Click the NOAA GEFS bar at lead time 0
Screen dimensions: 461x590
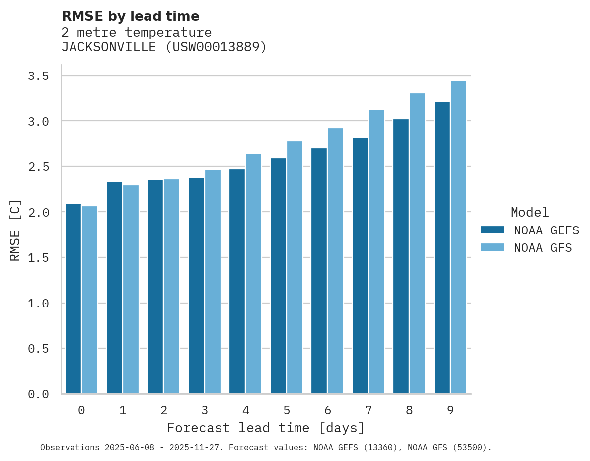click(x=73, y=299)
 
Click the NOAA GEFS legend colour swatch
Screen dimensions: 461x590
click(x=492, y=230)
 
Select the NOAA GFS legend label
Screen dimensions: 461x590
click(x=543, y=248)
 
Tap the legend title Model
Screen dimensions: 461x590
click(x=529, y=212)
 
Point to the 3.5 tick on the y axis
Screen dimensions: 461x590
click(x=38, y=76)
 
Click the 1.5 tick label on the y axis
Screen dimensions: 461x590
click(x=38, y=258)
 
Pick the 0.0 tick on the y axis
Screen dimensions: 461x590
click(x=38, y=394)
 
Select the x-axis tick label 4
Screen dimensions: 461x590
click(x=245, y=411)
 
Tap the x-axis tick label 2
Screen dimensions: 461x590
click(x=163, y=411)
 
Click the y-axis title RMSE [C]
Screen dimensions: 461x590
click(x=15, y=230)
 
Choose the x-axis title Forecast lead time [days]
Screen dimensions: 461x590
click(x=266, y=428)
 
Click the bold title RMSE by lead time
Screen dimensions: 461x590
click(x=130, y=16)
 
